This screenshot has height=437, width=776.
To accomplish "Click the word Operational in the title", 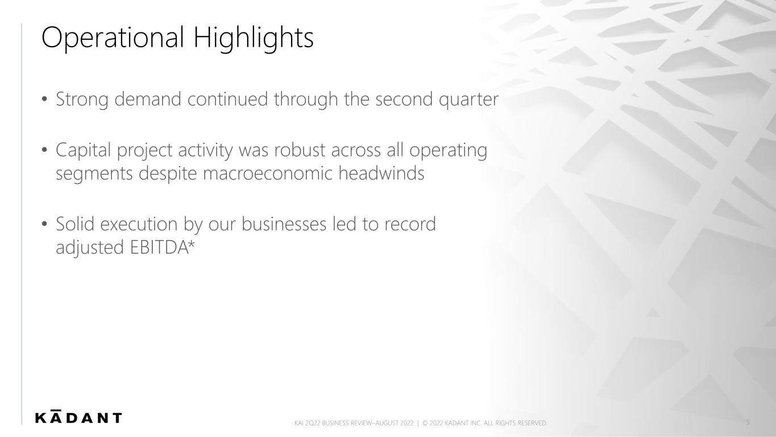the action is (x=113, y=38).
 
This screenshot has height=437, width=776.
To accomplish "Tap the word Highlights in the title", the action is (x=254, y=38).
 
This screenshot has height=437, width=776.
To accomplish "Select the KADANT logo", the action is (x=78, y=417).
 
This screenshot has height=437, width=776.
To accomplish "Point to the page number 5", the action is (x=748, y=422).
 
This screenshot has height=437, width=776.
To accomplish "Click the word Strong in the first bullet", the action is (x=82, y=100).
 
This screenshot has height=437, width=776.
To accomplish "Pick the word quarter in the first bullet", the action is (x=468, y=100).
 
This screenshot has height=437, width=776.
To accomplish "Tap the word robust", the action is (x=300, y=151).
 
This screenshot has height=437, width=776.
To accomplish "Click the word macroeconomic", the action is (x=267, y=174).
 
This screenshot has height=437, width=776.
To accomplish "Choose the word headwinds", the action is (x=381, y=173).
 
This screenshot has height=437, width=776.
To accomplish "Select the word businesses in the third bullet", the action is (x=284, y=224).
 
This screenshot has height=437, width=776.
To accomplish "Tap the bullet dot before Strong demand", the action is (x=44, y=100).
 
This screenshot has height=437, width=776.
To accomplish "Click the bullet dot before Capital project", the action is (x=44, y=151).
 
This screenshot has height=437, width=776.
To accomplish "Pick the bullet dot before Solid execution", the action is (x=44, y=224).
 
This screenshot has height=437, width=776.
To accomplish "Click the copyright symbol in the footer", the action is (x=425, y=423).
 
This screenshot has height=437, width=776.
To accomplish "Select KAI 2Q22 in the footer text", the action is (x=307, y=423).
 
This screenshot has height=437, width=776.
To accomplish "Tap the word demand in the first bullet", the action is (x=148, y=99).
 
